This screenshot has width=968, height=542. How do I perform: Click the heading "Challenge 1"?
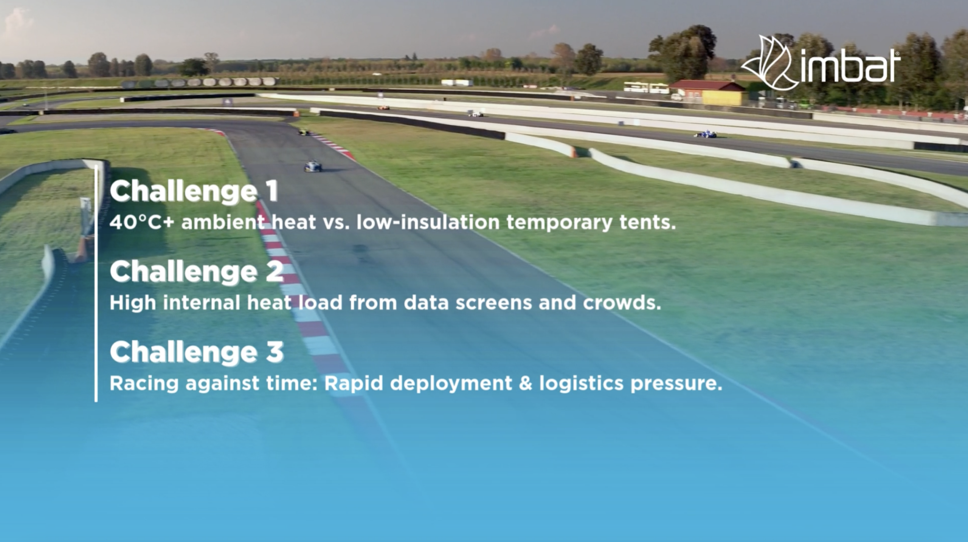click(x=194, y=191)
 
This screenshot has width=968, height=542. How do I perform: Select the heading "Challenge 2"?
click(x=197, y=272)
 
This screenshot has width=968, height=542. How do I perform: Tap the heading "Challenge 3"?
click(x=197, y=352)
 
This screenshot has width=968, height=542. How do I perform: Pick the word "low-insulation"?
click(x=428, y=222)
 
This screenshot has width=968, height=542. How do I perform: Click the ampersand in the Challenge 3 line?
click(x=525, y=383)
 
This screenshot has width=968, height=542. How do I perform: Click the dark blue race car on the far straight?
click(x=706, y=134)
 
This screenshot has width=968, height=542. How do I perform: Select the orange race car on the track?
click(x=383, y=108)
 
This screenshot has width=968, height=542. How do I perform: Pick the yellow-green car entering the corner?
click(x=304, y=132)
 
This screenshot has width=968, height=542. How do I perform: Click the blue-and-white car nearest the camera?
click(x=313, y=166)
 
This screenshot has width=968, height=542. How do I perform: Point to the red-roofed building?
click(x=707, y=92)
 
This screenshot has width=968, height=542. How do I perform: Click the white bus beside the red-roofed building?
click(x=645, y=87)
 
